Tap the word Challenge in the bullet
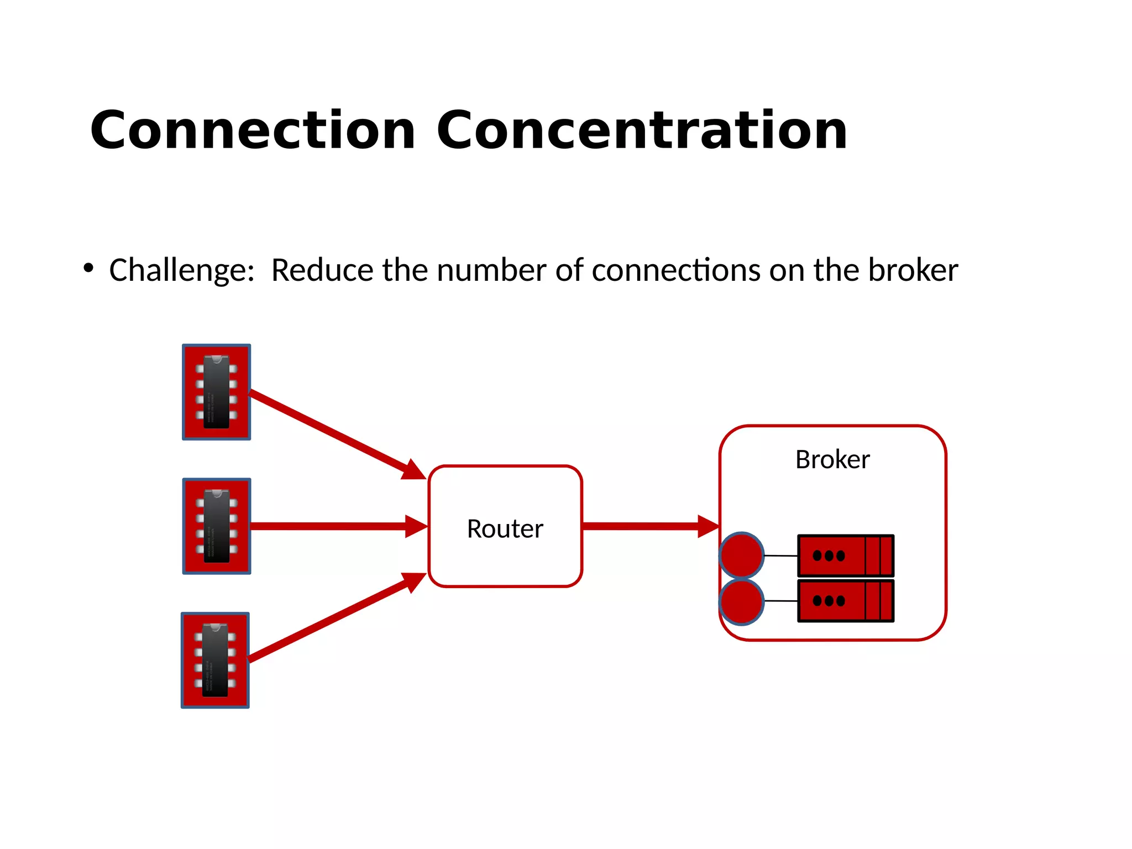(x=181, y=270)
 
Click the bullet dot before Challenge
(x=88, y=269)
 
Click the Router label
(x=505, y=528)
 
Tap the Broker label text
(x=832, y=459)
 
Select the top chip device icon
(x=217, y=392)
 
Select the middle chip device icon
(x=217, y=526)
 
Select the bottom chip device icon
(x=215, y=660)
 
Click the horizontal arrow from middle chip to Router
(x=332, y=526)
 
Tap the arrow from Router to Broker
(x=647, y=526)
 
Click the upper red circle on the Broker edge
(x=742, y=555)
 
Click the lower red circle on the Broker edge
(x=742, y=601)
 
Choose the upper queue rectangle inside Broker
(x=845, y=555)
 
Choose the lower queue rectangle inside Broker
(x=845, y=601)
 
